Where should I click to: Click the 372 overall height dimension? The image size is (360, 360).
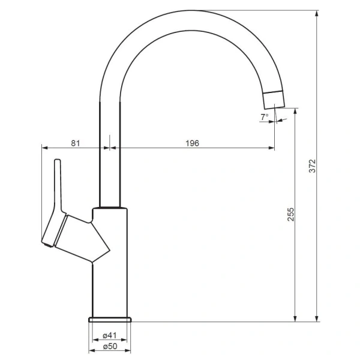313,166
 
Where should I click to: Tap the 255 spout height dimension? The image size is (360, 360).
291,214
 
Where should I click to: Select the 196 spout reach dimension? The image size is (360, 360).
192,143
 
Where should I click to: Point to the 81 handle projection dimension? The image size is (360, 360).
76,143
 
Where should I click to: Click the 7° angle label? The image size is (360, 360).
264,117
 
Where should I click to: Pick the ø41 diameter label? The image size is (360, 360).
110,335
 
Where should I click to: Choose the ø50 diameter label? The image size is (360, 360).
110,346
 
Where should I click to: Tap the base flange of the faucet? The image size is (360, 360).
110,320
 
